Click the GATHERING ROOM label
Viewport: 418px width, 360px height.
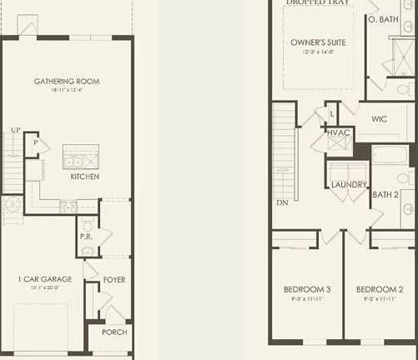(x=67, y=81)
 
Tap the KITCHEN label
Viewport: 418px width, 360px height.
(x=85, y=177)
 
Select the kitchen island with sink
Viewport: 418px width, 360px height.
(x=81, y=157)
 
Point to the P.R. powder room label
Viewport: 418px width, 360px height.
(x=86, y=236)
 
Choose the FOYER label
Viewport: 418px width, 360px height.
(x=114, y=280)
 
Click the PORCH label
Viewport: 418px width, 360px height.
(x=113, y=332)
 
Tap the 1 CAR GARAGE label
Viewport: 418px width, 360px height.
(x=45, y=279)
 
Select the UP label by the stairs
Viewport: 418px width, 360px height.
(x=15, y=131)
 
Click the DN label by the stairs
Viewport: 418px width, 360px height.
(x=282, y=202)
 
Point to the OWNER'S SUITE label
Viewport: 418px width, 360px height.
(x=318, y=42)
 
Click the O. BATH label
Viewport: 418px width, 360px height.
(x=384, y=18)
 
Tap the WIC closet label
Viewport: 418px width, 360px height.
(x=380, y=119)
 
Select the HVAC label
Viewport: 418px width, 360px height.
(x=338, y=132)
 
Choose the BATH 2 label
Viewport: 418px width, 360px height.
(x=385, y=195)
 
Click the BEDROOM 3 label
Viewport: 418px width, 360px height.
(x=307, y=289)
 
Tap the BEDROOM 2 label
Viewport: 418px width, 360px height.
(x=379, y=289)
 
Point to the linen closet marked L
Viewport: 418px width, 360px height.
(x=332, y=112)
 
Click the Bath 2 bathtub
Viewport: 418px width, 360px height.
(x=390, y=155)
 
